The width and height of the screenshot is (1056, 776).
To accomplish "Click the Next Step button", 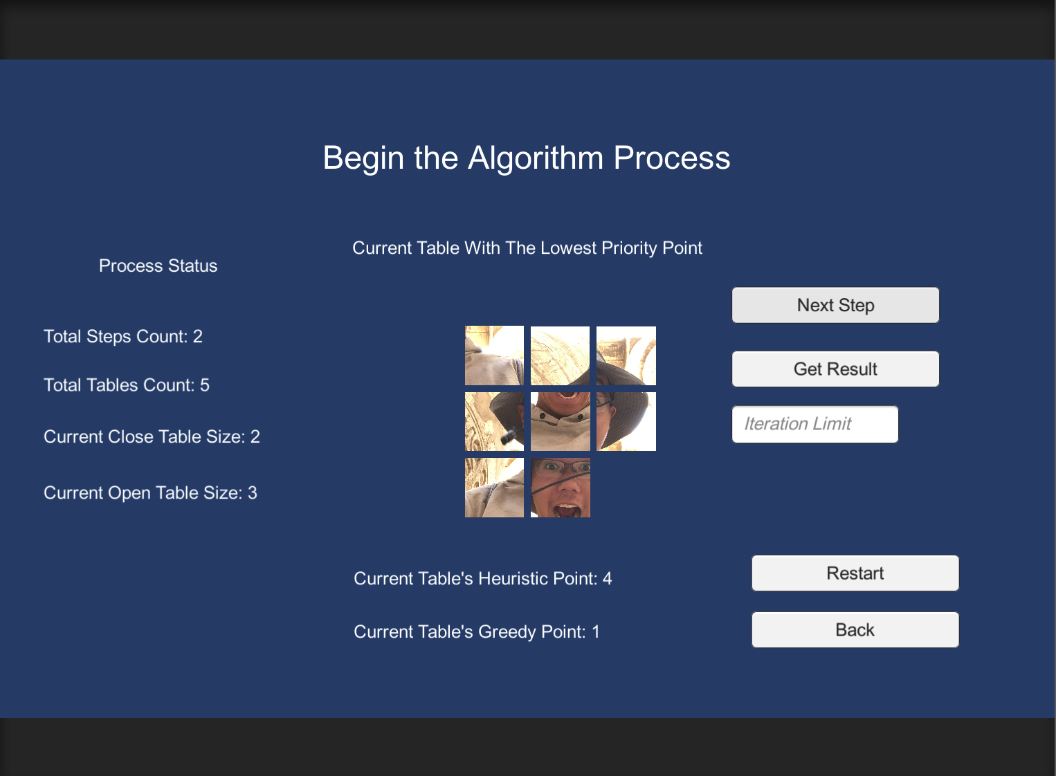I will (835, 305).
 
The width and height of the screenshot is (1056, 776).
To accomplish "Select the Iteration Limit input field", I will (815, 424).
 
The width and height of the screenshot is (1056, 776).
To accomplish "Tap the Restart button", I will (855, 573).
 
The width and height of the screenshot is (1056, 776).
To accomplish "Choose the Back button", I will (855, 630).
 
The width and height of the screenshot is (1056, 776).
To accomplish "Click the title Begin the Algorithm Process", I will (527, 158).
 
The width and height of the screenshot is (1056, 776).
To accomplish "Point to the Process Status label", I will (158, 266).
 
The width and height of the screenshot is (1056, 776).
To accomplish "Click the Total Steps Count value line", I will (123, 337).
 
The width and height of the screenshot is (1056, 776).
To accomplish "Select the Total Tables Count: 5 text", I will (127, 385).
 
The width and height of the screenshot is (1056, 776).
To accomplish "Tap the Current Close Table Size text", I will (152, 437).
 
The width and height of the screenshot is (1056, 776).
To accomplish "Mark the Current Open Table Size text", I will (150, 493).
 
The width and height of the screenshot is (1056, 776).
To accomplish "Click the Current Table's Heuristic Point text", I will (482, 579).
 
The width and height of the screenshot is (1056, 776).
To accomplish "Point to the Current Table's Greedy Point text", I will (476, 632).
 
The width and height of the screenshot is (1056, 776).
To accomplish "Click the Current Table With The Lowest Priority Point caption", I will (527, 248).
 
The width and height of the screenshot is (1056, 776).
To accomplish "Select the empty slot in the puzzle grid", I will (626, 488).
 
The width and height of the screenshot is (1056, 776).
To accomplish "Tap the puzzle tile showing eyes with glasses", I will (561, 488).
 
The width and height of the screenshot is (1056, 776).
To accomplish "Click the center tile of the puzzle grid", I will (561, 422).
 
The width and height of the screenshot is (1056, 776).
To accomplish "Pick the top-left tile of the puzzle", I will (494, 355).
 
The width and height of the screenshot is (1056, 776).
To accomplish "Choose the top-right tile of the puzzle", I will (626, 355).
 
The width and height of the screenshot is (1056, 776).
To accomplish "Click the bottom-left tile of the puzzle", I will (494, 488).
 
